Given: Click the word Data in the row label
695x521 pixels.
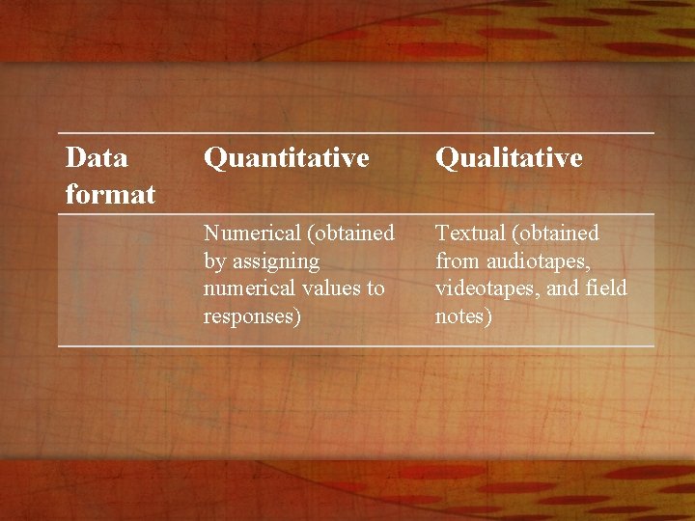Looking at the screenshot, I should click(x=97, y=156).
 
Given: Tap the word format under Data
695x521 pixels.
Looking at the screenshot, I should click(x=110, y=194).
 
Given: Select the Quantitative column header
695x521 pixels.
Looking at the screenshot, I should click(x=287, y=157).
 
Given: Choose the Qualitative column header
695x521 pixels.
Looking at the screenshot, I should click(x=509, y=157).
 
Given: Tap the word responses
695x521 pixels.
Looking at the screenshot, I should click(x=249, y=316).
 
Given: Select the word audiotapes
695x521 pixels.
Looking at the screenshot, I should click(x=536, y=260).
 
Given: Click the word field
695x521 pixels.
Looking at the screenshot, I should click(x=605, y=288).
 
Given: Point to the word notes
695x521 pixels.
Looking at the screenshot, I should click(x=462, y=316).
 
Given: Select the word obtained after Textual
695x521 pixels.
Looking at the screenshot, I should click(x=559, y=233).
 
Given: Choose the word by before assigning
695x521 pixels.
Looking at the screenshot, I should click(x=214, y=260).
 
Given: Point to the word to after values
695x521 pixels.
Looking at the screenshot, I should click(x=375, y=288).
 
